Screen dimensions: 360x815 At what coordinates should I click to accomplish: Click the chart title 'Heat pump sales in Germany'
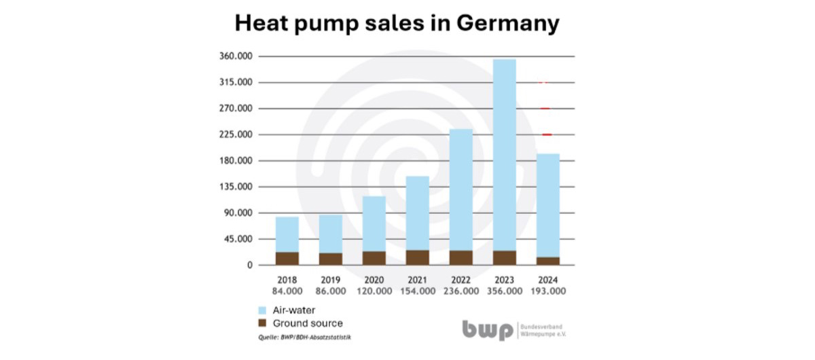[397, 23]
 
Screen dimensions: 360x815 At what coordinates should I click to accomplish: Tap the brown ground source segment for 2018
[287, 258]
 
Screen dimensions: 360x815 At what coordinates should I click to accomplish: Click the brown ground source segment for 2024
[548, 261]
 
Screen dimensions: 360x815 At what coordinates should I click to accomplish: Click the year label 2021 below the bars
[418, 280]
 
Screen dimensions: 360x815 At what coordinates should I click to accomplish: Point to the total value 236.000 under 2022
[461, 291]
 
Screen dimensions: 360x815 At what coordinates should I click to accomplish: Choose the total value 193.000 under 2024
[548, 291]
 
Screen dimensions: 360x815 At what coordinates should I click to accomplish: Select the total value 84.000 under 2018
[287, 291]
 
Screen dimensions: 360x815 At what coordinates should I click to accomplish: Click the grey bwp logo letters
[488, 330]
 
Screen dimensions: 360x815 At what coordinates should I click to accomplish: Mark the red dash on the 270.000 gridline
[545, 109]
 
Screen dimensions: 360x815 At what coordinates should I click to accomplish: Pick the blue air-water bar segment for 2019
[331, 234]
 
